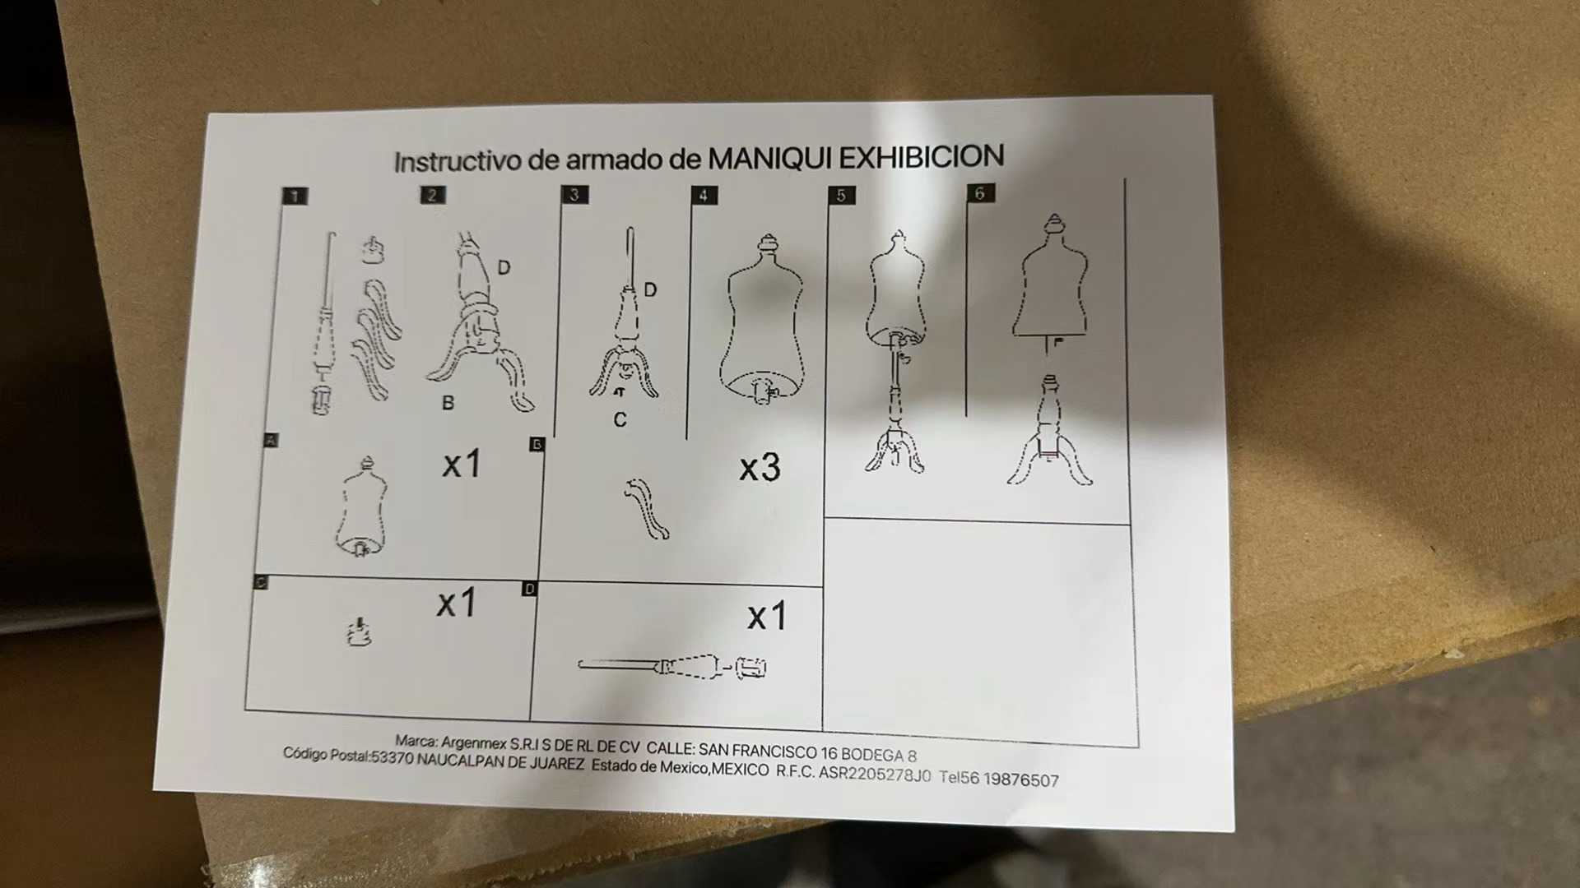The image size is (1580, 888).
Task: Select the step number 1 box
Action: pos(295,196)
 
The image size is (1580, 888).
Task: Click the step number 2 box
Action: pos(433,195)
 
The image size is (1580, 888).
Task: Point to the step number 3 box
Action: pos(574,194)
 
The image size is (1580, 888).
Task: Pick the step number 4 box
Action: pos(704,195)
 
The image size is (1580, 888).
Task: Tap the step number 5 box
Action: pos(841,195)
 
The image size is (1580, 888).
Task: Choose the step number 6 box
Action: pos(979,193)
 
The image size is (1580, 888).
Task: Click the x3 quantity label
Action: pos(760,468)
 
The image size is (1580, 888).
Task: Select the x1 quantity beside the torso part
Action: pos(461,465)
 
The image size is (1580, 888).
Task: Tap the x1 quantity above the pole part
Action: pos(767,617)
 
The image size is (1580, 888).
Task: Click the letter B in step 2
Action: pos(448,403)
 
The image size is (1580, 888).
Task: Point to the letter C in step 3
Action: pos(620,420)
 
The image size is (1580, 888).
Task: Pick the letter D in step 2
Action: pos(504,268)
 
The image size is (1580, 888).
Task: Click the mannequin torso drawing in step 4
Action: pos(762,321)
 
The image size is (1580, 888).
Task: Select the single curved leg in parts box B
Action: pos(648,509)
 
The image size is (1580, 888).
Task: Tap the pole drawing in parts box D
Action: pos(671,666)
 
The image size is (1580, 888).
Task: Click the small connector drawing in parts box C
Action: pos(358,632)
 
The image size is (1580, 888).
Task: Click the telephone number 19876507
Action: pos(1021,779)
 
